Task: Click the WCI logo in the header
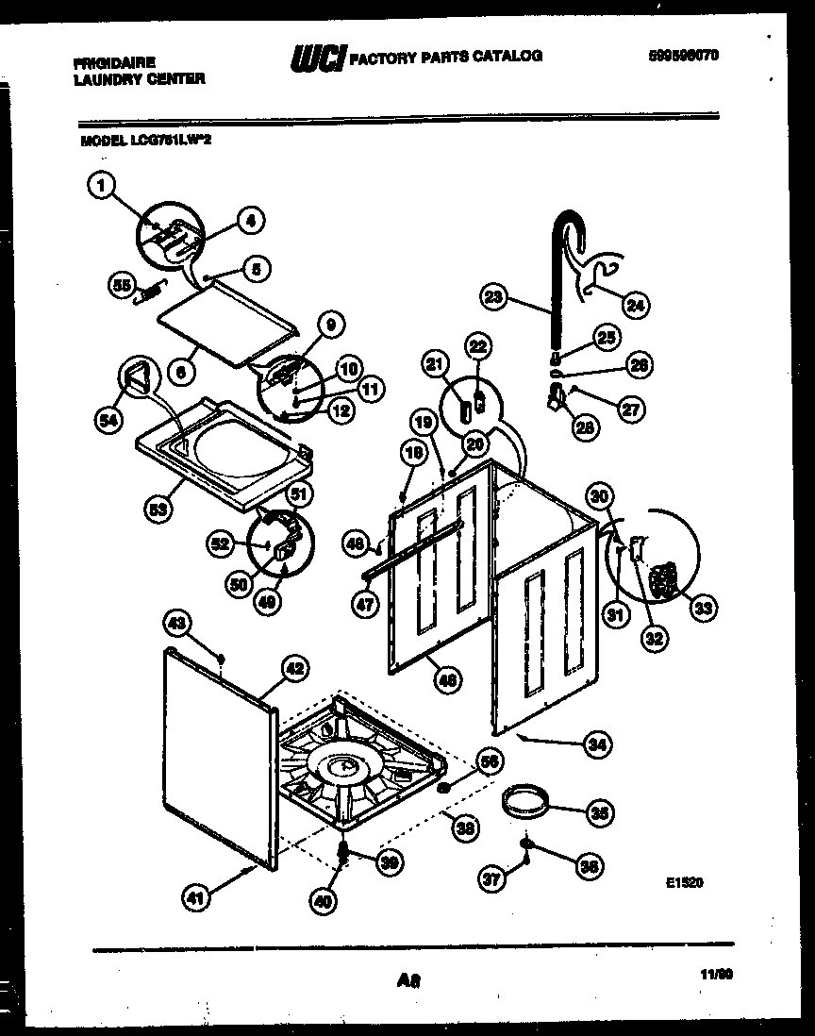(x=316, y=58)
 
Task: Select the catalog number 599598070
(x=684, y=57)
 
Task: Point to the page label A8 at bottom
(x=408, y=982)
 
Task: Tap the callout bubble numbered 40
(x=323, y=900)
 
